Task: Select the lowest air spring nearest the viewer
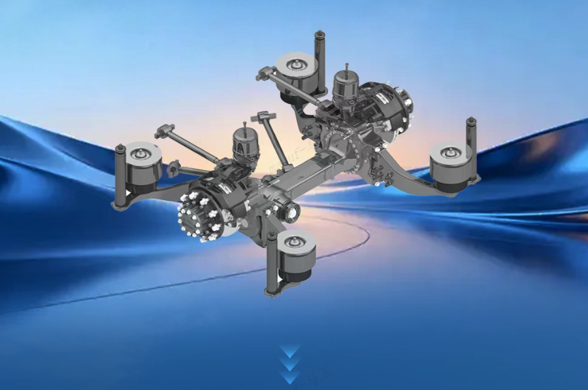pos(297,256)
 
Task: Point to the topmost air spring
pos(297,73)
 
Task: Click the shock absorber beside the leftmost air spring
pos(120,177)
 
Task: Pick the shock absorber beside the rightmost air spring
pos(471,147)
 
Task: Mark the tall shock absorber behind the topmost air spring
pos(320,59)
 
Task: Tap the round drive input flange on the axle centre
pos(288,212)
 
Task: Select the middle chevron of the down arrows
pos(290,364)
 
